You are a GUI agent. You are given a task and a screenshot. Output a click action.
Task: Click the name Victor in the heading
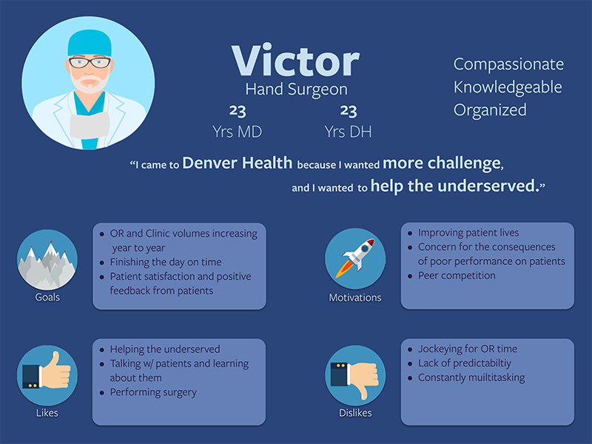click(x=295, y=61)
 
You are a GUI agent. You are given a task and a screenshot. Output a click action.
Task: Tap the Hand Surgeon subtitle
click(x=296, y=90)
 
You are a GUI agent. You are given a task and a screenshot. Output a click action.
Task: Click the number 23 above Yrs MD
click(x=237, y=112)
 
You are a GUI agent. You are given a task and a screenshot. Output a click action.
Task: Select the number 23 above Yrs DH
click(x=348, y=112)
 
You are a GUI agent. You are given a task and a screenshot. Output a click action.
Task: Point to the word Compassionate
click(x=508, y=64)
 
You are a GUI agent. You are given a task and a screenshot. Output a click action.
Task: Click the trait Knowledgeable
click(x=508, y=87)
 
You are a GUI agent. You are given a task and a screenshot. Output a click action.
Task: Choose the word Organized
click(x=490, y=110)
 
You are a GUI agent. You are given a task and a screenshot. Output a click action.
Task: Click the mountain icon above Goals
click(x=47, y=260)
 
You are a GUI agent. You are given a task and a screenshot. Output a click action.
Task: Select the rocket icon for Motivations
click(x=355, y=260)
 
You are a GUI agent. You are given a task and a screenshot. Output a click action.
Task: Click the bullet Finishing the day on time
click(x=165, y=262)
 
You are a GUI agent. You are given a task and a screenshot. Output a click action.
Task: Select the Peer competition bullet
click(x=457, y=275)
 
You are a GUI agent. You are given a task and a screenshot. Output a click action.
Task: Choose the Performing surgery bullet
click(x=153, y=391)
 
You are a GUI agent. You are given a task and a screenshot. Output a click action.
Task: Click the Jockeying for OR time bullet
click(x=468, y=349)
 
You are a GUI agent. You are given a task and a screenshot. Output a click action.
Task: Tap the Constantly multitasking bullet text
click(x=471, y=377)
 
